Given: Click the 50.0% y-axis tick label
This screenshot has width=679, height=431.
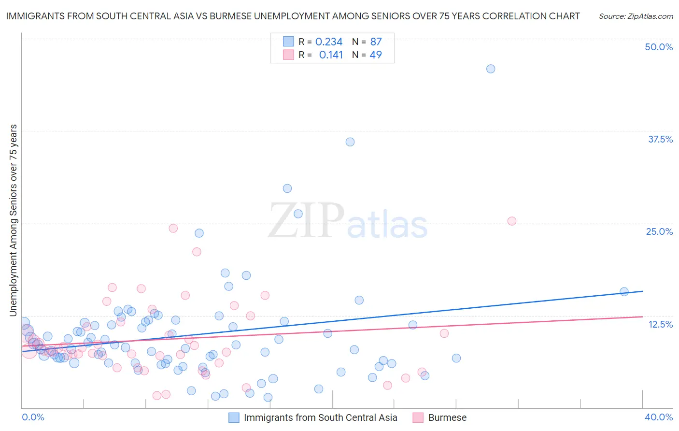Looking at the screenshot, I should click(659, 47).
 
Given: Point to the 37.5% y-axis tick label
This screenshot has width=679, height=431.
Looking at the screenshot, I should click(660, 139).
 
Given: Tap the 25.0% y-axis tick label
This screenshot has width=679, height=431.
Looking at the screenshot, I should click(659, 231).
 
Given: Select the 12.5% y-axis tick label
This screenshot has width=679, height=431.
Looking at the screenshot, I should click(660, 324).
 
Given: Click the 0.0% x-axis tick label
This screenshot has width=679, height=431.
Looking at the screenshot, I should click(33, 417).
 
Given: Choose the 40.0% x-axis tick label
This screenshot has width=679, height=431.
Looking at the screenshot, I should click(659, 417).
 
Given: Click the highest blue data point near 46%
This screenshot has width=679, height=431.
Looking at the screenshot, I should click(491, 69).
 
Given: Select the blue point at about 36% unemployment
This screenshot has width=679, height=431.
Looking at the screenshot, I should click(350, 142).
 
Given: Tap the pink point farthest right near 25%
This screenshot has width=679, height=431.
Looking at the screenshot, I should click(512, 221).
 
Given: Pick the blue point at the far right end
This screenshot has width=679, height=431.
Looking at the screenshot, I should click(624, 291).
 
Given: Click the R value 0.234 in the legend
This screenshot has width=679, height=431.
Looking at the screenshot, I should click(329, 42).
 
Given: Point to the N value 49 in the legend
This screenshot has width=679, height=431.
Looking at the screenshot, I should click(375, 55).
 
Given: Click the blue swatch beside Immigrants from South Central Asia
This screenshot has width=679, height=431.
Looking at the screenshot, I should click(234, 417).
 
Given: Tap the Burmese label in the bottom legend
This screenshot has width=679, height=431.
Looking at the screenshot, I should click(447, 417).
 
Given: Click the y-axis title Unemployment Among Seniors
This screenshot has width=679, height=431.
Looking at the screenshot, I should click(13, 220).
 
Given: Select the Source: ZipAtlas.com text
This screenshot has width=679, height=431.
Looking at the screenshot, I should click(636, 16).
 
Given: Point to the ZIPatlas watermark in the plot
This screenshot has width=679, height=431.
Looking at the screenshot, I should click(348, 221).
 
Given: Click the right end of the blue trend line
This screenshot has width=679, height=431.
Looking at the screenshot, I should click(642, 291).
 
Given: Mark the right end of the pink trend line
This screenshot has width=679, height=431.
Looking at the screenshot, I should click(642, 316).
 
